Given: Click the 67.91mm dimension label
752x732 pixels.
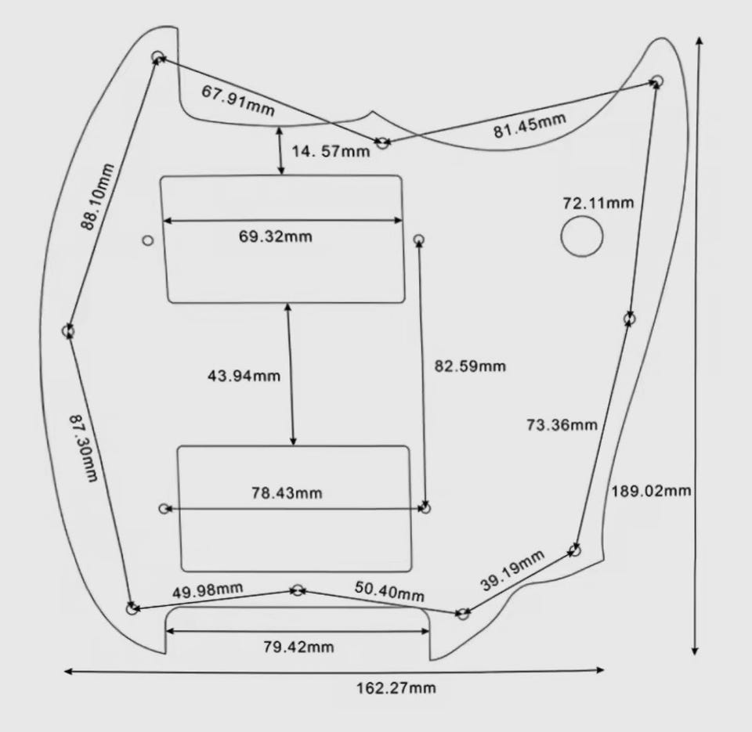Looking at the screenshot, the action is point(238,101).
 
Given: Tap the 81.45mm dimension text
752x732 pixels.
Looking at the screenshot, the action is point(530,125).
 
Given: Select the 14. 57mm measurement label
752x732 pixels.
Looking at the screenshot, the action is point(331,151).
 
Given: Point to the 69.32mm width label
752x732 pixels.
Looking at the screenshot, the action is point(275,236).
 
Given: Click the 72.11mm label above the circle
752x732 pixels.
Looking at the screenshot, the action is point(598,203).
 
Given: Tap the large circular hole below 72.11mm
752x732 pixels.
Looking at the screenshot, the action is point(582,236).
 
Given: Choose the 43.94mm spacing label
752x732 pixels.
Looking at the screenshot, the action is point(244,375).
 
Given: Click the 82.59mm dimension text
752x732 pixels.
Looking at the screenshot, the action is point(470,366).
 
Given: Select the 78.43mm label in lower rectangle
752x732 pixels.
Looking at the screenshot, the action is point(287,492).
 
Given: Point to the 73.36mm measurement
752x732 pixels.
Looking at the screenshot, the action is point(562,425).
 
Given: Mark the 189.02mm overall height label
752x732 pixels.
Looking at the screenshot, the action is point(651,491).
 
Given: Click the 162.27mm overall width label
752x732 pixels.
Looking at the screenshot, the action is point(396,688).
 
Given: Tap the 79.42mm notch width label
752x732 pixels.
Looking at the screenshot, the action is point(298,647).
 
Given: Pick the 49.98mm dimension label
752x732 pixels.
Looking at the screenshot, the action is point(208,590).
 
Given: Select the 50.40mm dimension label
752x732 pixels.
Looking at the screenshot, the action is point(389,592).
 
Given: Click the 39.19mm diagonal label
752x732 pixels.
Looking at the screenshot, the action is point(512,571).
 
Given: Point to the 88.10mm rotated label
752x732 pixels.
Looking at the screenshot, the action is point(97,197).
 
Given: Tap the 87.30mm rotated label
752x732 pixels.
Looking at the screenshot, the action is point(84,449).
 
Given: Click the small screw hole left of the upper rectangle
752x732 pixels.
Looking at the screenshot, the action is point(149,240).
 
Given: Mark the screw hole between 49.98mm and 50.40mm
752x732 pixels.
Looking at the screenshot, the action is point(298,590).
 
